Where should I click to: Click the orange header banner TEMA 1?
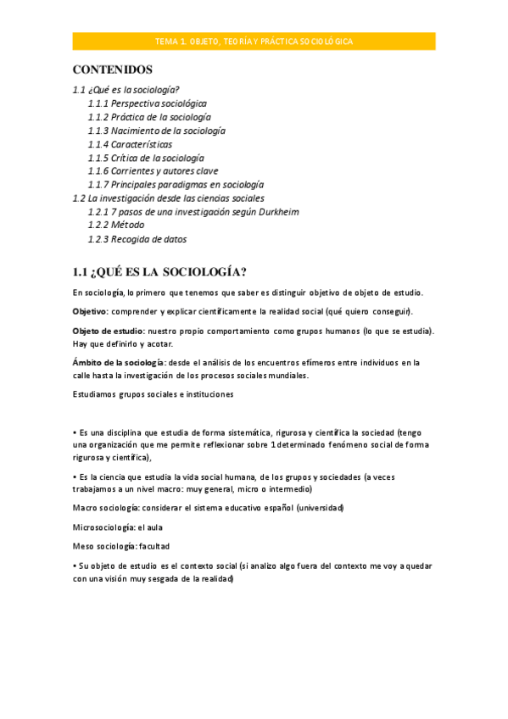[254, 41]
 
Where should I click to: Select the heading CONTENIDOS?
[112, 69]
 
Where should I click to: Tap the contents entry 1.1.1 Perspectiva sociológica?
[147, 103]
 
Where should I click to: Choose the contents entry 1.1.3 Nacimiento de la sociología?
[156, 131]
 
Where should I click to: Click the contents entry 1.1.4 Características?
[130, 144]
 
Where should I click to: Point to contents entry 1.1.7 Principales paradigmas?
[176, 184]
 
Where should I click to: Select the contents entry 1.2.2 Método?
[116, 225]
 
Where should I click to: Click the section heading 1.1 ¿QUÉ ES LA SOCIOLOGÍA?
[159, 272]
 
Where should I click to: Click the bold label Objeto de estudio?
[108, 330]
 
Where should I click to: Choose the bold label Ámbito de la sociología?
[119, 362]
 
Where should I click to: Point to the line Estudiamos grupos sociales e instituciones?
[154, 394]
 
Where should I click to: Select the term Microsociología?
[103, 527]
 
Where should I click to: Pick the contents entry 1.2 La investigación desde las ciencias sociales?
[168, 198]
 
